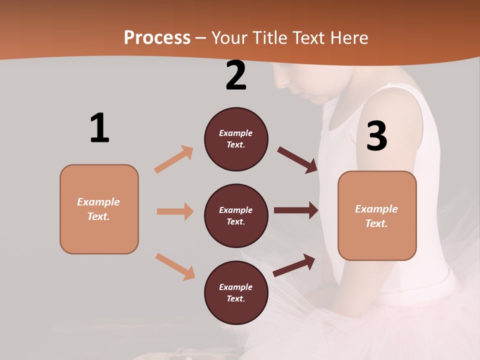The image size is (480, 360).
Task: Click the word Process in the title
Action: (x=157, y=37)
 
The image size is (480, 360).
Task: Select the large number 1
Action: (x=99, y=128)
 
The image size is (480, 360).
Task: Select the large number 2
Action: (x=236, y=75)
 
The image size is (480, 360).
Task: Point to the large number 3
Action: (x=377, y=136)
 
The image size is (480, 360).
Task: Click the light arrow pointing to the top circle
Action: (x=174, y=159)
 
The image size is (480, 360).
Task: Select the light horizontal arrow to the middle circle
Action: (x=175, y=211)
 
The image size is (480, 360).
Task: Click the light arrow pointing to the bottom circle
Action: (x=175, y=266)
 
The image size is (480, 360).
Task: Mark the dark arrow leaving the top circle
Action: (x=297, y=160)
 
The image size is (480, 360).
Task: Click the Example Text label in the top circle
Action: (x=236, y=139)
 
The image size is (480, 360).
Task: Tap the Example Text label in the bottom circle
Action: (x=236, y=293)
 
